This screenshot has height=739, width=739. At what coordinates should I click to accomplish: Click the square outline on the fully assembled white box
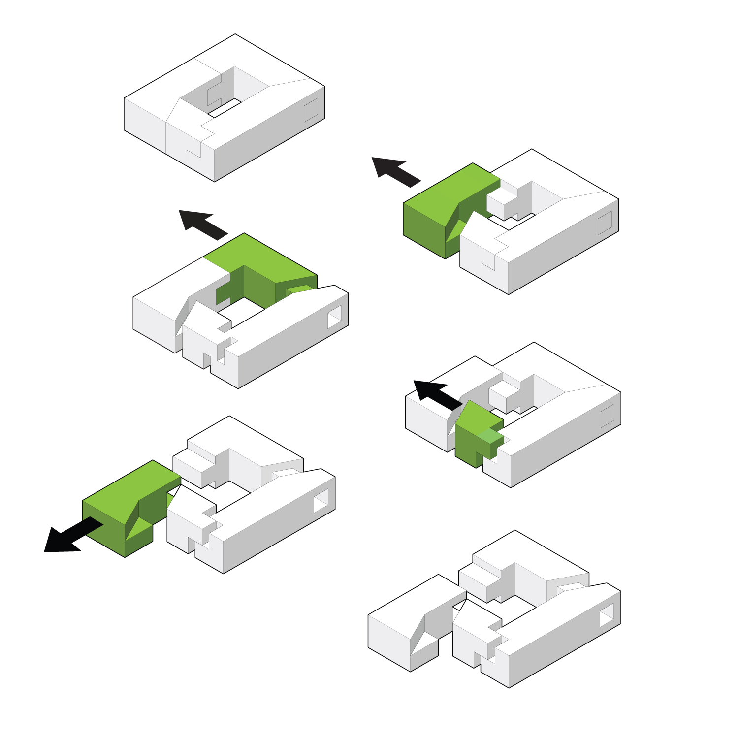[311, 110]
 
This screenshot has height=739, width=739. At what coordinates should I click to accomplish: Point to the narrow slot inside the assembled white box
[225, 108]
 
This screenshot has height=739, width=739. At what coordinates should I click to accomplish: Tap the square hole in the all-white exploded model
[607, 615]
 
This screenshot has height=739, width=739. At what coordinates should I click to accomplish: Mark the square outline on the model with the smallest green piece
[607, 416]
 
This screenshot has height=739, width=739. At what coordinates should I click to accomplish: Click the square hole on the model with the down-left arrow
[321, 501]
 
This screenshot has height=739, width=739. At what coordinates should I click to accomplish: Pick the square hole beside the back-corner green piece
[335, 316]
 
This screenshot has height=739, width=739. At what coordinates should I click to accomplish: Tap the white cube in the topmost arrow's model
[501, 201]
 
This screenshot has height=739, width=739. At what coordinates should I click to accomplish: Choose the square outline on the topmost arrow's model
[605, 223]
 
